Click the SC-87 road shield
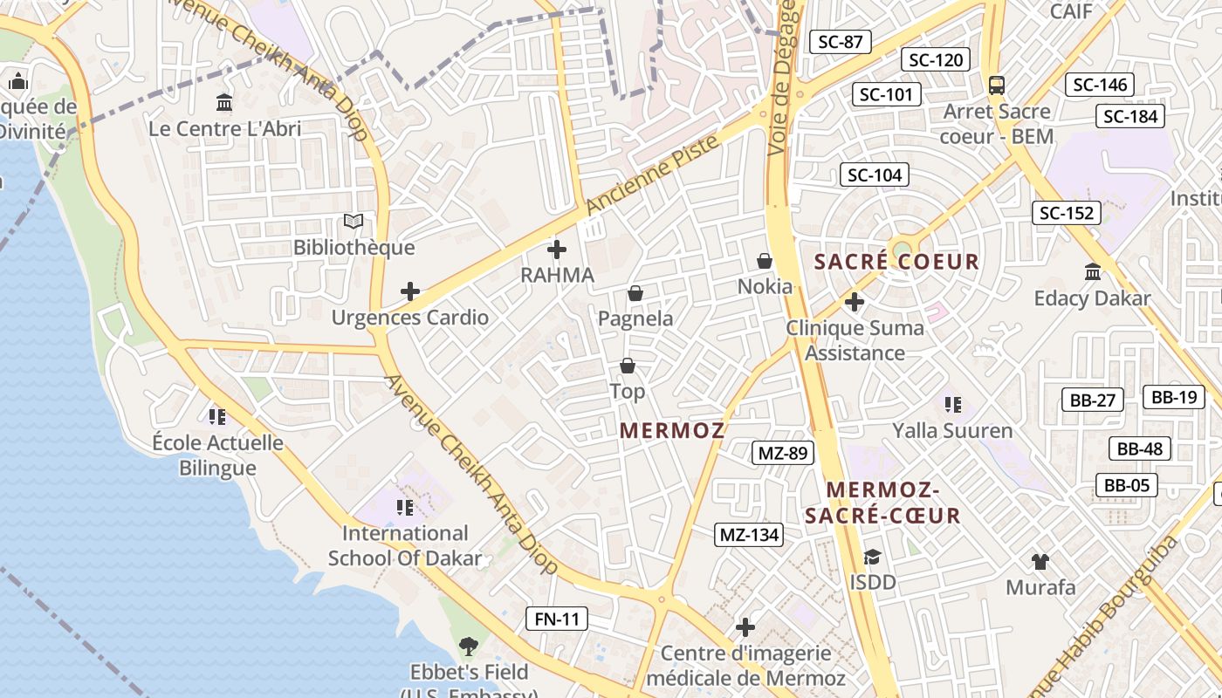[841, 41]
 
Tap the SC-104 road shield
[875, 174]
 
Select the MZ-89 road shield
[783, 453]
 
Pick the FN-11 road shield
[557, 619]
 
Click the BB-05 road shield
[1126, 485]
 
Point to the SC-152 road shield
[1066, 213]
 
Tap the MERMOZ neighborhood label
[672, 430]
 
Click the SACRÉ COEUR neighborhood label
[896, 262]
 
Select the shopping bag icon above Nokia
[765, 261]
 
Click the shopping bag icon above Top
[627, 366]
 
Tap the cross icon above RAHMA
[556, 250]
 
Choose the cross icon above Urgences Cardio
[409, 291]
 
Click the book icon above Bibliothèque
[353, 222]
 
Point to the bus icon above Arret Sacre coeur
[996, 86]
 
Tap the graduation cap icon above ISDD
[872, 557]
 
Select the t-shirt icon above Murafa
[1040, 561]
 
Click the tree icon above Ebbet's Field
[469, 647]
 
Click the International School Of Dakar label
[405, 545]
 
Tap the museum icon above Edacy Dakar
[1092, 272]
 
